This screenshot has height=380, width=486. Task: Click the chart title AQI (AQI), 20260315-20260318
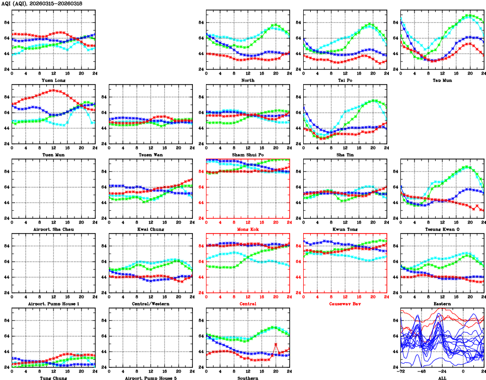42,4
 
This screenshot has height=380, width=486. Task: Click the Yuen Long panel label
53,80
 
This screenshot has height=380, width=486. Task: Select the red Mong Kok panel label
247,229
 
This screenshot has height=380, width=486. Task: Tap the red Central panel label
247,303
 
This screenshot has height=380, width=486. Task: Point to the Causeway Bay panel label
344,303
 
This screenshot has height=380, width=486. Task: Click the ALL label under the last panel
442,377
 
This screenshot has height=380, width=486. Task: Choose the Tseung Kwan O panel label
442,229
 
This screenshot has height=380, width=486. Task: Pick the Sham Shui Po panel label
247,155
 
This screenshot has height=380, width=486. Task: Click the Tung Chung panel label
53,377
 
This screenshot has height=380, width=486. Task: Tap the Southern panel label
247,377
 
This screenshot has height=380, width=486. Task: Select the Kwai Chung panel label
150,229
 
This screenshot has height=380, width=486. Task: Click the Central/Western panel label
150,303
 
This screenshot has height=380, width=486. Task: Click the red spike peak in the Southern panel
276,344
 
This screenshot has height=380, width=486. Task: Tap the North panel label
247,80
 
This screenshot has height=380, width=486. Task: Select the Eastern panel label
442,303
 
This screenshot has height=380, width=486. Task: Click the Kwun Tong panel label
344,229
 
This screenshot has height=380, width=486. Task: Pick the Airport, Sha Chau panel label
53,229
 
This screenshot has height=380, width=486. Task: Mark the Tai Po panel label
344,80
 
